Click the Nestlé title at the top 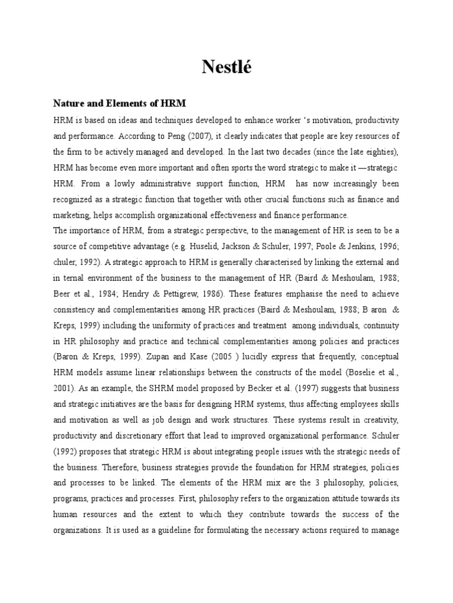coord(226,68)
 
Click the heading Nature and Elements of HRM coord(119,104)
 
